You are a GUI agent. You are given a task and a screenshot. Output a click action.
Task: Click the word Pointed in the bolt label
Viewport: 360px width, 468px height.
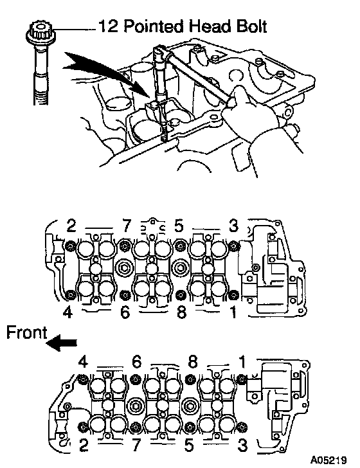pos(154,26)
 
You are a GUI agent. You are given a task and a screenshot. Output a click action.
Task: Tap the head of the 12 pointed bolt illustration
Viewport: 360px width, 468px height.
pos(40,33)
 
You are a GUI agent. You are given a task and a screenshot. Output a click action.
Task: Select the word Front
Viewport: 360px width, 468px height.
pos(26,332)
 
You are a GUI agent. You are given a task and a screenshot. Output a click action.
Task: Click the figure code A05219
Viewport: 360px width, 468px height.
pos(328,460)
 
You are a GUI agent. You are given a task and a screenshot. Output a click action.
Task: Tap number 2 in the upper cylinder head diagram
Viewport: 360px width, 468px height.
pos(71,226)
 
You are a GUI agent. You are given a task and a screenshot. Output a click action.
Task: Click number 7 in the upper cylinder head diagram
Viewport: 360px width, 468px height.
pos(127,226)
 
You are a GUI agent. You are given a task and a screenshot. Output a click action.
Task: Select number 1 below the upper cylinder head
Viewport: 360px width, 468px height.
pos(233,312)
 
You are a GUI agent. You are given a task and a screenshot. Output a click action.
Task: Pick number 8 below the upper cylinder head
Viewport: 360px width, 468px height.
pos(181,312)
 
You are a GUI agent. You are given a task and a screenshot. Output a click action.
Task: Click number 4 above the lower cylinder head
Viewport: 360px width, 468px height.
pos(83,362)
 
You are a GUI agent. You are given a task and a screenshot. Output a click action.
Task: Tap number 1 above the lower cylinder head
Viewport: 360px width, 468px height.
pos(242,362)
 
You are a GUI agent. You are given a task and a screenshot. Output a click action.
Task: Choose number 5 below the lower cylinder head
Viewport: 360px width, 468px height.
pos(188,446)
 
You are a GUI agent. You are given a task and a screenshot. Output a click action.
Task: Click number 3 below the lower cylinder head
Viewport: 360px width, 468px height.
pos(243,446)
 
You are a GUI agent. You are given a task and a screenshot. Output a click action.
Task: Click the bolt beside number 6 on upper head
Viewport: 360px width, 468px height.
pos(125,295)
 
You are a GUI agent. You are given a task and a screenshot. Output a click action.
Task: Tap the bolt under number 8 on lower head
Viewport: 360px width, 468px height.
pos(190,379)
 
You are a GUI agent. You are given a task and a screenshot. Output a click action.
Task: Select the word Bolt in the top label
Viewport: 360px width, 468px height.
pos(251,26)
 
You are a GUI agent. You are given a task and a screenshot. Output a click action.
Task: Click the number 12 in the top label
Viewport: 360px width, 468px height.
pos(108,26)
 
